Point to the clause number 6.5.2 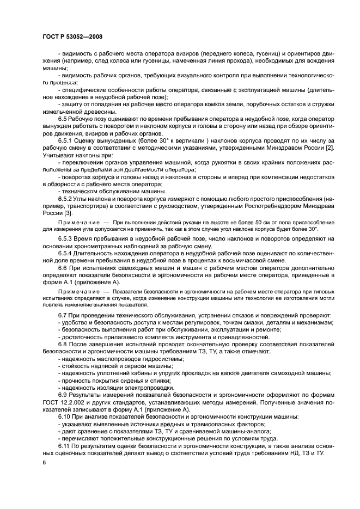tap(66, 199)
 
